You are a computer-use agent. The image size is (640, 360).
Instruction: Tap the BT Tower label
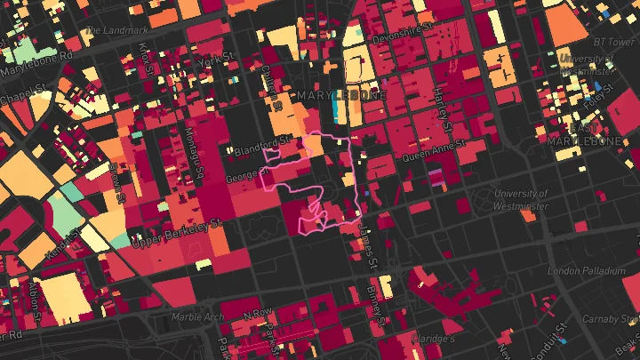pyautogui.click(x=615, y=41)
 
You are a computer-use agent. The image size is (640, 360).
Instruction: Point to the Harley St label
pyautogui.click(x=438, y=89)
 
